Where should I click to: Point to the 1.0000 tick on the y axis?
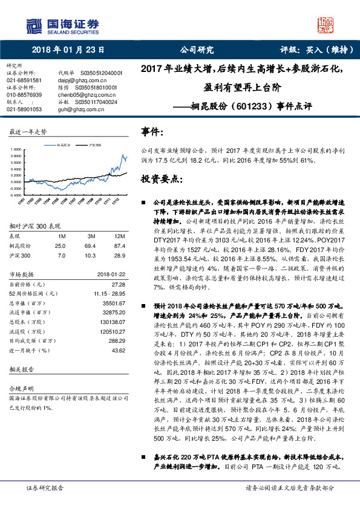tap(15, 149)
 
